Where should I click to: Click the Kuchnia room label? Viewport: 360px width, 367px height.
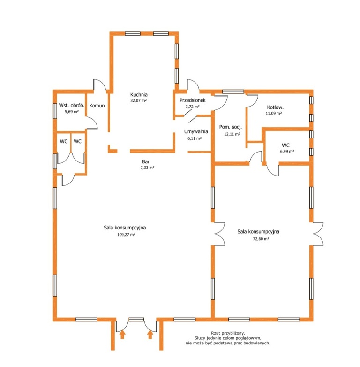tap(139, 94)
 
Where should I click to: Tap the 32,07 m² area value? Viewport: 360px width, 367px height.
tap(139, 101)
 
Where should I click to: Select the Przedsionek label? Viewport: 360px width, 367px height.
tap(193, 100)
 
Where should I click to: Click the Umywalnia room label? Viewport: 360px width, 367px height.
tap(196, 131)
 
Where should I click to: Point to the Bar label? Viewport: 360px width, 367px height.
tap(146, 161)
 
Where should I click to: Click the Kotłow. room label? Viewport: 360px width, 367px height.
tap(275, 107)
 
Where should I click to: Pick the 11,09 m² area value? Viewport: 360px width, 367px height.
tap(274, 114)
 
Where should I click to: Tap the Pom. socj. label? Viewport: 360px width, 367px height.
tap(231, 127)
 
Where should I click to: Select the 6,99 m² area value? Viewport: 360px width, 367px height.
tap(287, 152)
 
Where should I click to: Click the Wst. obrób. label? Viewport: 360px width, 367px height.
tap(72, 105)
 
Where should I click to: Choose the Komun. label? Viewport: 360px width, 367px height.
tap(97, 106)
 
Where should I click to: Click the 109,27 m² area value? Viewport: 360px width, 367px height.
tap(126, 235)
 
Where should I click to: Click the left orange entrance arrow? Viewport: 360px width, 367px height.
tap(122, 335)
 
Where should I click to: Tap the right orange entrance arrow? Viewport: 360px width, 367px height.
tap(150, 335)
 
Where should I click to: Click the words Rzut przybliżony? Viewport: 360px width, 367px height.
tap(228, 333)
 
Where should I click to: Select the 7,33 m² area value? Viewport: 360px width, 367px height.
tap(147, 168)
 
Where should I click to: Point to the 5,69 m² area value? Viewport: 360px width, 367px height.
tap(72, 112)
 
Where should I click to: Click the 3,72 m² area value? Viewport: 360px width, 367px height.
tap(193, 107)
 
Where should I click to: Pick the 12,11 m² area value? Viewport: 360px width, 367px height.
tap(232, 134)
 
